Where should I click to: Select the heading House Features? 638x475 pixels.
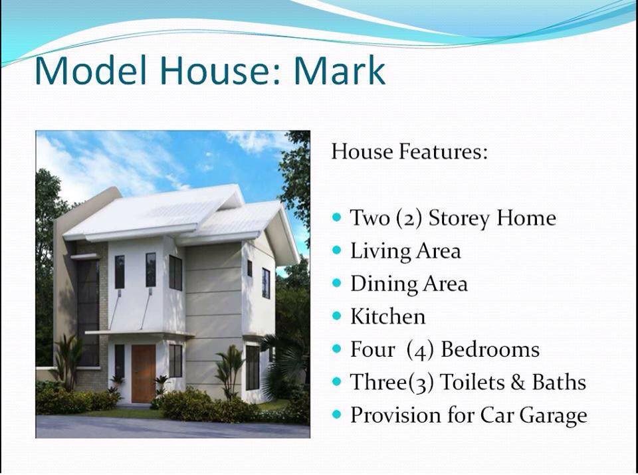pyautogui.click(x=409, y=152)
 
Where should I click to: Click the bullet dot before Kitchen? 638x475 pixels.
pyautogui.click(x=337, y=316)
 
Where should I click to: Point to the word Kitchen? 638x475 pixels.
pyautogui.click(x=387, y=317)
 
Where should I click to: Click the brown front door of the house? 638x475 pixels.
pyautogui.click(x=144, y=373)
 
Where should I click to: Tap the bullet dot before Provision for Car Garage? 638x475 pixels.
pyautogui.click(x=337, y=415)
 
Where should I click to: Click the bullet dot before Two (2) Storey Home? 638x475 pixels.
pyautogui.click(x=337, y=217)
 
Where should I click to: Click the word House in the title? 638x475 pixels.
pyautogui.click(x=216, y=70)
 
